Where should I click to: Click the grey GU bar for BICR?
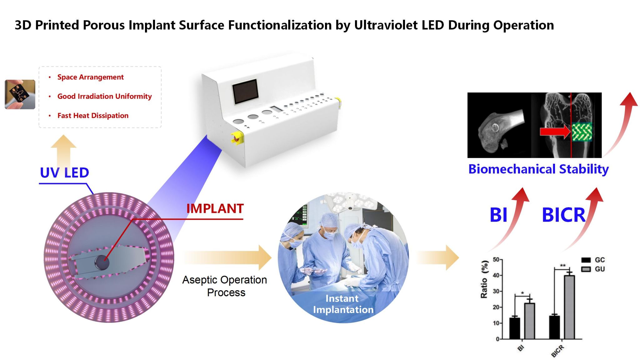(569, 307)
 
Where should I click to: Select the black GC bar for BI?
(515, 328)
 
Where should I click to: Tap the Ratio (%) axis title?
(484, 279)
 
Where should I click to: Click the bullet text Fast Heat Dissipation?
(93, 116)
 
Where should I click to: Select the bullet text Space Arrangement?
(90, 77)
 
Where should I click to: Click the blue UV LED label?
(65, 172)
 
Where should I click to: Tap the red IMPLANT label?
(215, 208)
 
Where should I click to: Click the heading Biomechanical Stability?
(538, 169)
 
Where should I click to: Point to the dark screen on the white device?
(245, 91)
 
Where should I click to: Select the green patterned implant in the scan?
(582, 132)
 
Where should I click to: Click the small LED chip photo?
(20, 94)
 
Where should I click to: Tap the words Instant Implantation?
(343, 304)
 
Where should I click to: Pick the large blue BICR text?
(564, 215)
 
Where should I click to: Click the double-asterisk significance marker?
(562, 266)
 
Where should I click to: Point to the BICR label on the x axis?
(557, 351)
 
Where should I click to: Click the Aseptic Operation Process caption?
(225, 286)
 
